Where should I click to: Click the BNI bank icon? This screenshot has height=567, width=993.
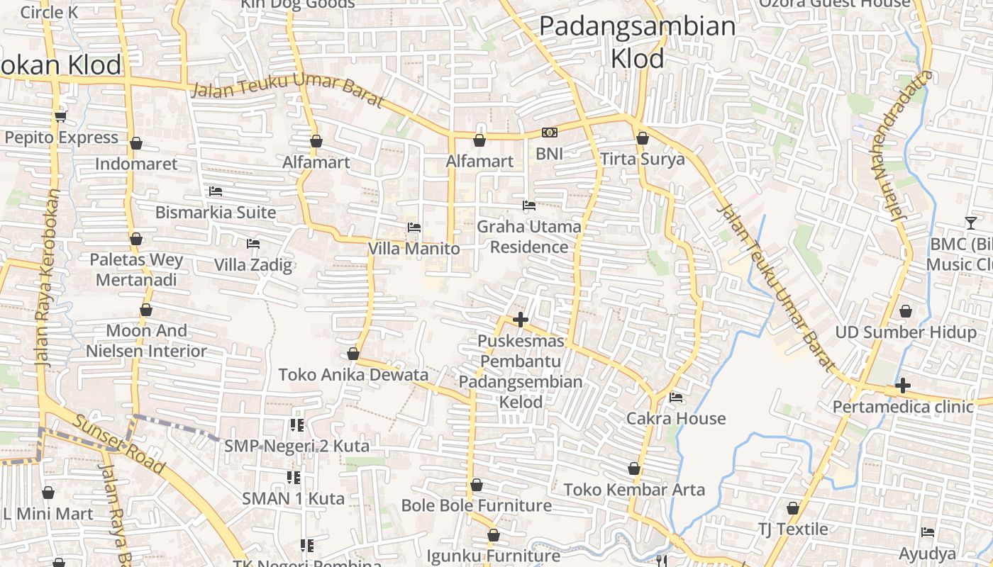coord(549,133)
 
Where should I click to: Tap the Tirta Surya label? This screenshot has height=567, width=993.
coord(643,159)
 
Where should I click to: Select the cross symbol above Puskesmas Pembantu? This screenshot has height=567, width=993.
coord(521,320)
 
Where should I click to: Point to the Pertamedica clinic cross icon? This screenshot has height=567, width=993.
coord(902,386)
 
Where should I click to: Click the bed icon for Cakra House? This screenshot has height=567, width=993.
coord(676,398)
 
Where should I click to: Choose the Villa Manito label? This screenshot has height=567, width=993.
coord(414,249)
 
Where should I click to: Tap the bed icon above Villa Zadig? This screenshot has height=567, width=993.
coord(253,244)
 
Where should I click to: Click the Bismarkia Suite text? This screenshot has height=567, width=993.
coord(216,212)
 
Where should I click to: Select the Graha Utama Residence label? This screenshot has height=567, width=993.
coord(529,237)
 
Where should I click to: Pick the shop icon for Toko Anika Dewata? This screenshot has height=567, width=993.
coord(353,354)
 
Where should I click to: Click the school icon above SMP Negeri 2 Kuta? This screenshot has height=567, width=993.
coord(296,425)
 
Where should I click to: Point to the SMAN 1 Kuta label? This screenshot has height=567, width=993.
coord(294,498)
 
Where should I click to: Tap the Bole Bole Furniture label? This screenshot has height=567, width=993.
coord(477,505)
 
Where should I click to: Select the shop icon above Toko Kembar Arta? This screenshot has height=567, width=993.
coord(634,469)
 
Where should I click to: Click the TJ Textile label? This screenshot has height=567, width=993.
coord(793,529)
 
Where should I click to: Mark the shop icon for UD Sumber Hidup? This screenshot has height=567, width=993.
coord(905,311)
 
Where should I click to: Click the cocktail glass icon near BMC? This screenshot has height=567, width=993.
coord(970,223)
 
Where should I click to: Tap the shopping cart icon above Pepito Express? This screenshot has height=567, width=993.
coord(60,116)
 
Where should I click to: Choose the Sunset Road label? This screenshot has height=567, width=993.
coord(119,444)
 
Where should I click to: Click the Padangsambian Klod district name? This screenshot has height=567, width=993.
coord(637,42)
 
